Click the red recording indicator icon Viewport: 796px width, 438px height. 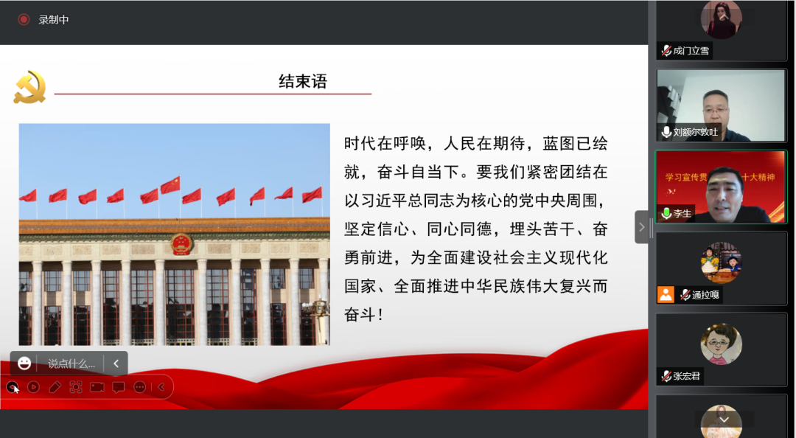coord(24,19)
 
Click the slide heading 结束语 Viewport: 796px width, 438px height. coord(303,81)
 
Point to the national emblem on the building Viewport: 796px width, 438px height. coord(181,244)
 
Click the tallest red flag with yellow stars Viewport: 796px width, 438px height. coord(170,186)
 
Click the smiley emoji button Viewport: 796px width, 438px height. coord(24,364)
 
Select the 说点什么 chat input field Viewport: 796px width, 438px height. coord(71,364)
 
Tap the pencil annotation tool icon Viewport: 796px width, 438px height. coord(55,387)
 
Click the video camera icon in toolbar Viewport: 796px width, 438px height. coord(97,387)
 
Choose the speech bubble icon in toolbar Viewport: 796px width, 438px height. coord(118,387)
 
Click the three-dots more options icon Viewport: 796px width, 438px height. coord(139,387)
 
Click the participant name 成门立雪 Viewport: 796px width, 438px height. coord(691,51)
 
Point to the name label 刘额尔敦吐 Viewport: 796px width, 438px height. coord(696,132)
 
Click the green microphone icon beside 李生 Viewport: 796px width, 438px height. coord(666,213)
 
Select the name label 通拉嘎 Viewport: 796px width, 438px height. coord(705,295)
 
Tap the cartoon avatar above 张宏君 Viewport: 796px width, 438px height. coord(722,344)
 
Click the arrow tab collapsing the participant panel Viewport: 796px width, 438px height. coord(642,227)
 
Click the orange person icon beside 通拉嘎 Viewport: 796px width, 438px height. coord(666,295)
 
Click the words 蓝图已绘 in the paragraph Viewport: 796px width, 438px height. coord(575,144)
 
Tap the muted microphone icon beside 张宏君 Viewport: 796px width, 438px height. coord(666,376)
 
